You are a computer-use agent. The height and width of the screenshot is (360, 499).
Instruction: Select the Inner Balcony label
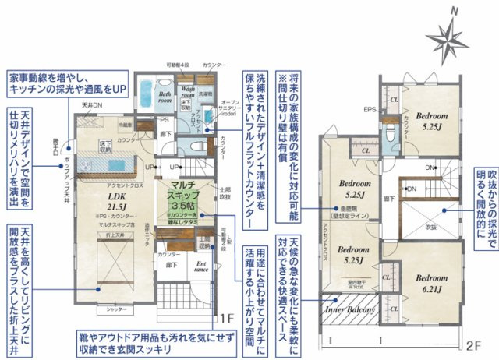pos(350,309)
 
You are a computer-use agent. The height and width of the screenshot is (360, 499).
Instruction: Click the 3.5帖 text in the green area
pos(186,204)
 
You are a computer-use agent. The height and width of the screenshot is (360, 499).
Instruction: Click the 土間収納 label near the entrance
pos(203,243)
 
